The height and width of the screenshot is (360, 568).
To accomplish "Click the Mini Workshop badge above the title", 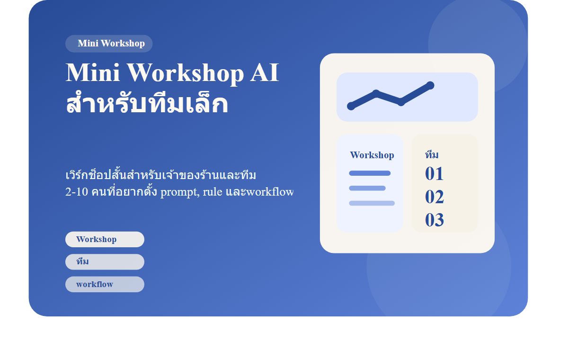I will tap(109, 44).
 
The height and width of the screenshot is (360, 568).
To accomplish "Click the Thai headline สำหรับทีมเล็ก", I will tap(147, 104).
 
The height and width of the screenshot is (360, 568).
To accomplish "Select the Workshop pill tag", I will tap(105, 239).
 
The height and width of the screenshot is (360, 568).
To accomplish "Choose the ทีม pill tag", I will tap(105, 262).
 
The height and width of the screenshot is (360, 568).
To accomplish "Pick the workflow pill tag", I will tap(105, 284).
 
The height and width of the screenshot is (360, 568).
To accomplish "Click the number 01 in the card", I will tap(434, 174).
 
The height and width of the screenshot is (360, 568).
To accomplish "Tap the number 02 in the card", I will tap(434, 197).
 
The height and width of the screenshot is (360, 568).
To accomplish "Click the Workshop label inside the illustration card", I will tap(372, 155).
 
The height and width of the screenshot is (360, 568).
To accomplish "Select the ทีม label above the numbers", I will tap(432, 155).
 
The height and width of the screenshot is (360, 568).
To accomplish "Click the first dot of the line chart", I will tap(351, 106).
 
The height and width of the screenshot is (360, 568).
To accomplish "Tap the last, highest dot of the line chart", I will tap(430, 85).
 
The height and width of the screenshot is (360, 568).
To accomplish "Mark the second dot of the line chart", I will tap(376, 93).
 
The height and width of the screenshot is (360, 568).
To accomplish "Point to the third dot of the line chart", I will tap(401, 102).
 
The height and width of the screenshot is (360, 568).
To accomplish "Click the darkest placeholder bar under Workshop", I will tap(370, 173).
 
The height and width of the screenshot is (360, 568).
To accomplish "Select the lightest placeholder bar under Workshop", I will tap(372, 203).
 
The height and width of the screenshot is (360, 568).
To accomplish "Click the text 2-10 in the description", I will tap(76, 192).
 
